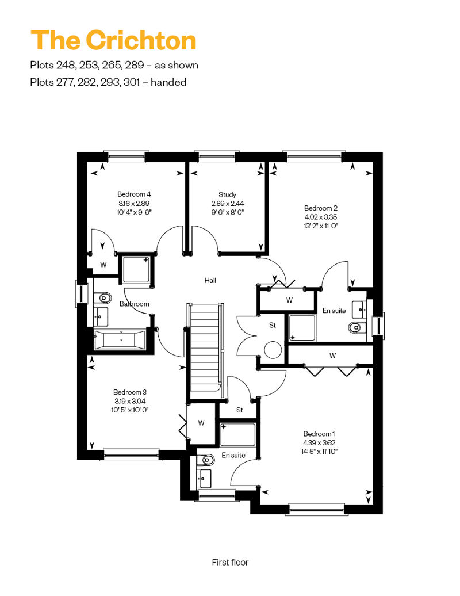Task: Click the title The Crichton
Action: pyautogui.click(x=113, y=40)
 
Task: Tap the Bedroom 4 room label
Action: pyautogui.click(x=134, y=194)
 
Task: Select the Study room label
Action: pyautogui.click(x=228, y=194)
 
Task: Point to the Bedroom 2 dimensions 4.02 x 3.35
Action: pyautogui.click(x=321, y=217)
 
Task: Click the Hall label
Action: pyautogui.click(x=210, y=281)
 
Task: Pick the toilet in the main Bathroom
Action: pyautogui.click(x=102, y=297)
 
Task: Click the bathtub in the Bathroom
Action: pyautogui.click(x=119, y=339)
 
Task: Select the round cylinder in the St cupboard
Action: pyautogui.click(x=273, y=350)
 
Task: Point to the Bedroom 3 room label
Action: pyautogui.click(x=130, y=392)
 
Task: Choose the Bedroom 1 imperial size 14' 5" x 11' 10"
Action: pyautogui.click(x=319, y=452)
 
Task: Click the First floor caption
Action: pyautogui.click(x=230, y=562)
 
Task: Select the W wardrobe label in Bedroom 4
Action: pyautogui.click(x=103, y=265)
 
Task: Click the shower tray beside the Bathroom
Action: pyautogui.click(x=136, y=269)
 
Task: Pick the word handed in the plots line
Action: pyautogui.click(x=168, y=82)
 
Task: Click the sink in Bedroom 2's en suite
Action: pyautogui.click(x=359, y=310)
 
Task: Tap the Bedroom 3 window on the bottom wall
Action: pyautogui.click(x=131, y=454)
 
